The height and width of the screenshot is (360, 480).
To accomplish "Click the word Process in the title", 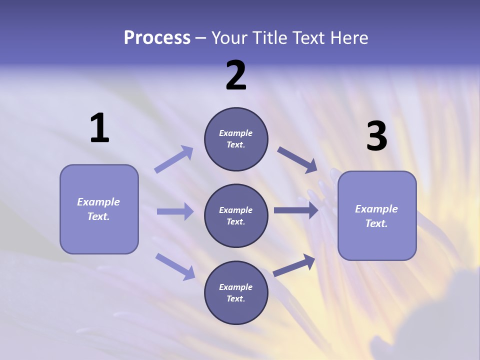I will (x=157, y=38).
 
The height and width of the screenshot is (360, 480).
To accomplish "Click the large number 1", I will (x=99, y=128).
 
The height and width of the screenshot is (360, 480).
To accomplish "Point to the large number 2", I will (x=236, y=76).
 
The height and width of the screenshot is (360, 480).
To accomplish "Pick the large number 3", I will (x=376, y=136).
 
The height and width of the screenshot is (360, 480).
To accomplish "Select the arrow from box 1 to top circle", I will (x=173, y=159).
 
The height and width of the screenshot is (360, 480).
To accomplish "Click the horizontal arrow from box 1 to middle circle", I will (x=174, y=211).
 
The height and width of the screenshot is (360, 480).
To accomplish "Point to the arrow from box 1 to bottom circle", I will (x=175, y=266).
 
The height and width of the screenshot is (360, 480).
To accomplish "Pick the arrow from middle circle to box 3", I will (x=295, y=210).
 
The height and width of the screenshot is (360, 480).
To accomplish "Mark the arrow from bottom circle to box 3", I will (x=294, y=265).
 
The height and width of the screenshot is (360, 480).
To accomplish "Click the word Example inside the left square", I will (x=98, y=202).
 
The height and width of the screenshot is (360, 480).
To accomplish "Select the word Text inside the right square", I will (x=376, y=223).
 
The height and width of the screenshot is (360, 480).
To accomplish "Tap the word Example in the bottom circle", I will (x=236, y=287).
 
